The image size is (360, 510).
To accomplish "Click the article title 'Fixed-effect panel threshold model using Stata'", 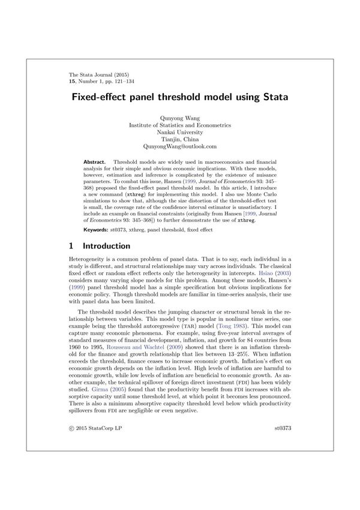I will point(180,97).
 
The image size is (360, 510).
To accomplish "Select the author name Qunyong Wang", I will point(180,118).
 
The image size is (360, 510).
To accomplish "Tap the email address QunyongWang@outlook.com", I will point(180,146).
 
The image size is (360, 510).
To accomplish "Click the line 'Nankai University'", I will point(180,132).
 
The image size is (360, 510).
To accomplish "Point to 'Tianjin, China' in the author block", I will point(180,139).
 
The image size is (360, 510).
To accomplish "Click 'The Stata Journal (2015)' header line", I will point(98,75).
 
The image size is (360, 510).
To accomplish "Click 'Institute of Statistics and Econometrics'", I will point(180,125).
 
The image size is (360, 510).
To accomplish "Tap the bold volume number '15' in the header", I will point(73,82).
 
